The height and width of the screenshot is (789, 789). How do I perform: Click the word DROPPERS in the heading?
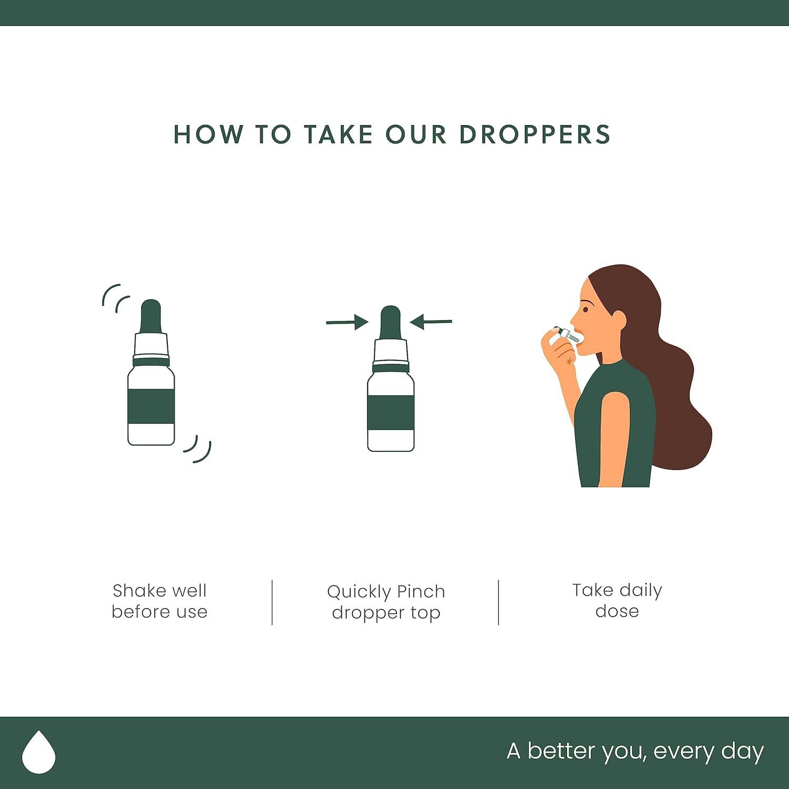coord(534,135)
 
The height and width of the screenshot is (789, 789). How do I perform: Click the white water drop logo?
coord(39,751)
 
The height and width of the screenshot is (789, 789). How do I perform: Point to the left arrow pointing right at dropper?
coord(346,322)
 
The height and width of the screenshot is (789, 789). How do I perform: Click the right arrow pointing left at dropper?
coord(431,321)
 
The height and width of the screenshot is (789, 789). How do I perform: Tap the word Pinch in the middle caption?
coord(421,592)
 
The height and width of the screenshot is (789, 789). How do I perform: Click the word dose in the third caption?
coord(617,611)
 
